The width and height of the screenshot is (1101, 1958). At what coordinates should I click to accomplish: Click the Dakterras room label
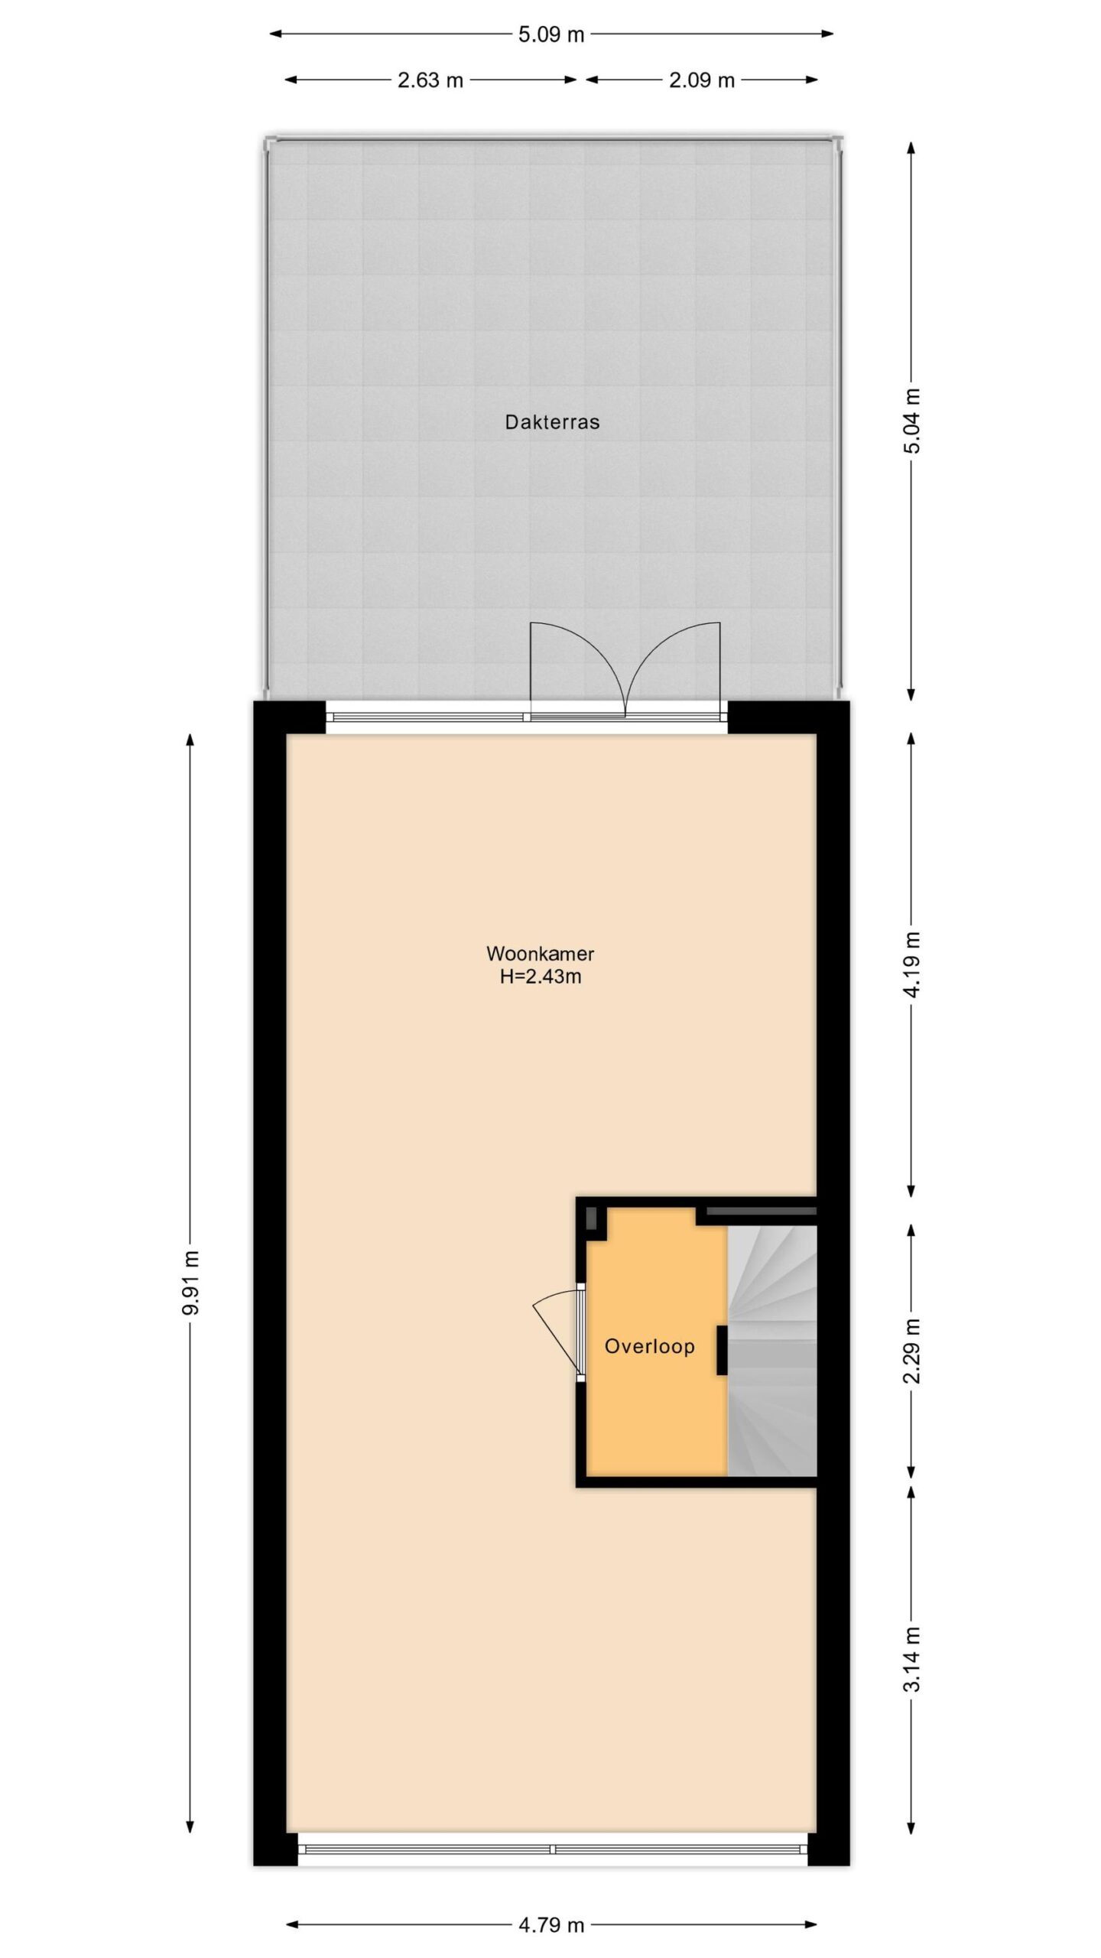click(x=551, y=421)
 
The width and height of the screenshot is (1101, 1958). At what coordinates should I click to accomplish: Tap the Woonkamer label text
click(x=540, y=954)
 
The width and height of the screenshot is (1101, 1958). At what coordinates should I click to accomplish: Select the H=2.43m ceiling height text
click(x=540, y=977)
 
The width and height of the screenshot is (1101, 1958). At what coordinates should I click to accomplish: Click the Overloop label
click(x=649, y=1346)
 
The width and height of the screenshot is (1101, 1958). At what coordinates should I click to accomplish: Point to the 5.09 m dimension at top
click(x=551, y=34)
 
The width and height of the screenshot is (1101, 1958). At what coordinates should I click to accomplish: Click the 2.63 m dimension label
click(x=430, y=80)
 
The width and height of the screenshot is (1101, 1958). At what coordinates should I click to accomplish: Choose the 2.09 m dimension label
click(x=702, y=80)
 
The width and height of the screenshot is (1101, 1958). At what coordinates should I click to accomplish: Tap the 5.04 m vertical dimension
click(x=912, y=420)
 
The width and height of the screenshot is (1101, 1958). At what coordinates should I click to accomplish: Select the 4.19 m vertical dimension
click(x=912, y=965)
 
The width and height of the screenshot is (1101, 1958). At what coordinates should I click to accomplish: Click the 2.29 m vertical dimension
click(x=912, y=1351)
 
